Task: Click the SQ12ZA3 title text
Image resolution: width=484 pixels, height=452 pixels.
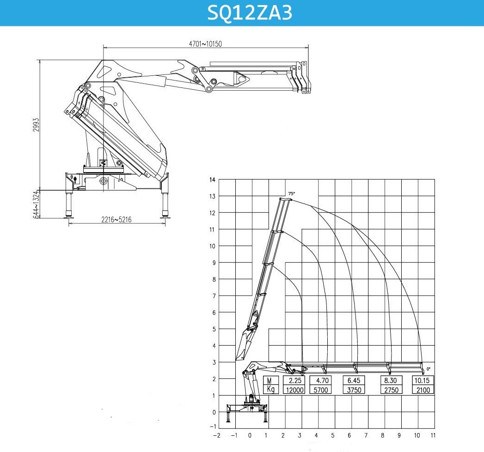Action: tap(250, 12)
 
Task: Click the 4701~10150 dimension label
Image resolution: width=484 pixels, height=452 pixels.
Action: tap(205, 44)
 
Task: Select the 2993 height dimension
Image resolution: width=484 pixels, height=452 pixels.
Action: tap(36, 124)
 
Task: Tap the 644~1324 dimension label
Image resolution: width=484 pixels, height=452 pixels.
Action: tap(36, 204)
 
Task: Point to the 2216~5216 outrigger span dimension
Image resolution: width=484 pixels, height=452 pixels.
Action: tap(116, 220)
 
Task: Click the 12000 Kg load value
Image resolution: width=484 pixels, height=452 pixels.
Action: tap(294, 390)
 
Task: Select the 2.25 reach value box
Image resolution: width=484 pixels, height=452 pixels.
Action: tap(294, 380)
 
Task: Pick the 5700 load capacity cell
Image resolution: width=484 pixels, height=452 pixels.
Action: tap(321, 390)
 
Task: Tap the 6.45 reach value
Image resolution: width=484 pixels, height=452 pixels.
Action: tap(354, 380)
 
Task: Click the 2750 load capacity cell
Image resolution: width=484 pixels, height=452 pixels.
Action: tap(391, 390)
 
